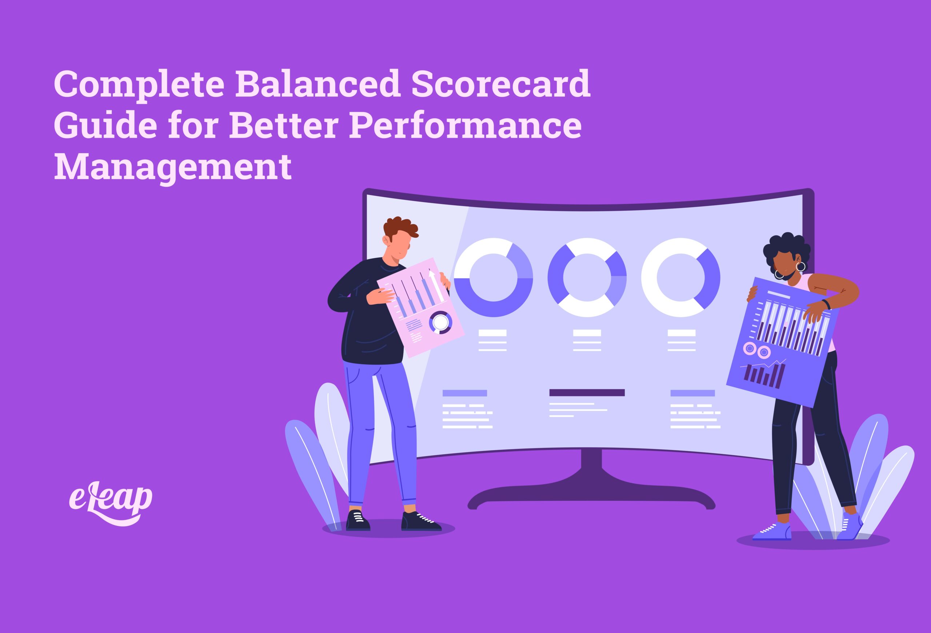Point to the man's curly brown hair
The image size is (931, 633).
401,228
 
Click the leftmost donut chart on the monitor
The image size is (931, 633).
493,277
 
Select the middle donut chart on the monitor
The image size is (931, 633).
587,277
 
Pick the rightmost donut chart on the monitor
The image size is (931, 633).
681,277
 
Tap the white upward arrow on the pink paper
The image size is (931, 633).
435,285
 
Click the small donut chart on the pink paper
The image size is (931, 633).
440,322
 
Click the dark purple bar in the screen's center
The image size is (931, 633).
587,392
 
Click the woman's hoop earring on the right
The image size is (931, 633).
800,266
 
